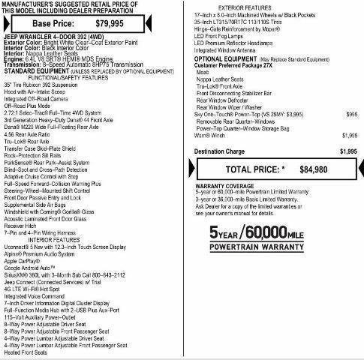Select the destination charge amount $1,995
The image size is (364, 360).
coord(347,151)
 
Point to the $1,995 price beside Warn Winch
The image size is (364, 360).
coord(349,135)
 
